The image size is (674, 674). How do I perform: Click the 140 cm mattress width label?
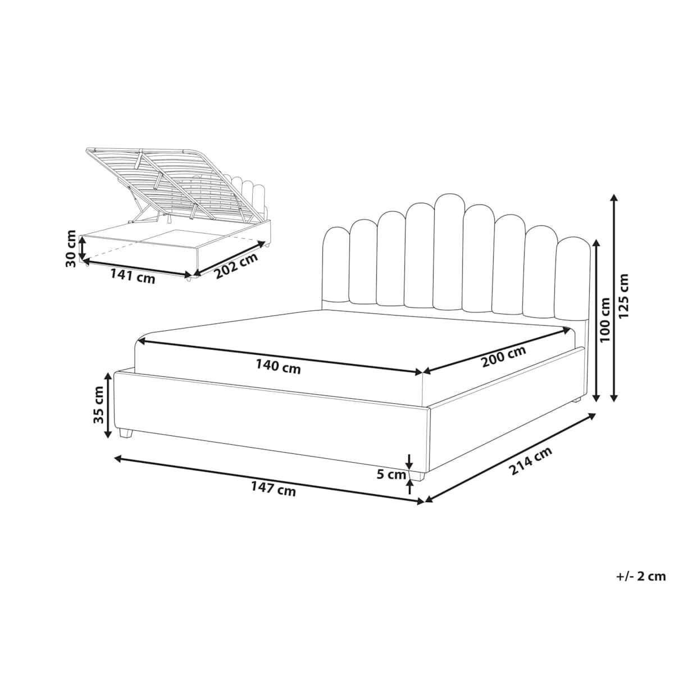[x=278, y=366]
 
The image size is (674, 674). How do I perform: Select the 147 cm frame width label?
[x=274, y=488]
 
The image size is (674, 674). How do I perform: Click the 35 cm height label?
[x=99, y=404]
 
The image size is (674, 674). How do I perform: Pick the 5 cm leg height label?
[x=391, y=475]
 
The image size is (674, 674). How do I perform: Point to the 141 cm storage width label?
[x=133, y=277]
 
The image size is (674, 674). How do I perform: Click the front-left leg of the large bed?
[x=126, y=433]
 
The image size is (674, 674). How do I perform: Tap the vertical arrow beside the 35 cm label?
[x=109, y=406]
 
